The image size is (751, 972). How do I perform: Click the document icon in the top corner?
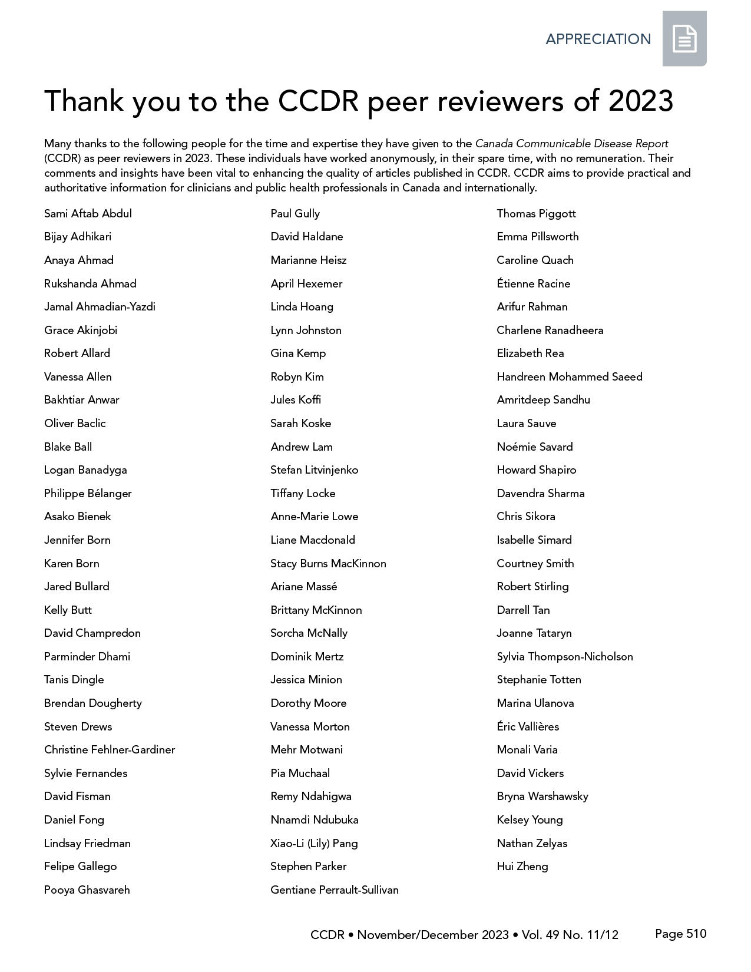[x=684, y=39]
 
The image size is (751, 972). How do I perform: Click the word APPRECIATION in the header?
[x=598, y=39]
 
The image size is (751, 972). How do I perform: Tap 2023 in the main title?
[x=640, y=101]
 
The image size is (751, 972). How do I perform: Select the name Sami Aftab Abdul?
[x=88, y=214]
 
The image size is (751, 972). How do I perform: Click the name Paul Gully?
[x=295, y=214]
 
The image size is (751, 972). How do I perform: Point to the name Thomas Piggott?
[x=536, y=214]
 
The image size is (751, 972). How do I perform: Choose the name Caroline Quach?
[x=535, y=260]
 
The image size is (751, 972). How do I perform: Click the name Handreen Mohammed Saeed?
[x=570, y=377]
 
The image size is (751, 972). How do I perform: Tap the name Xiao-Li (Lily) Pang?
[x=314, y=844]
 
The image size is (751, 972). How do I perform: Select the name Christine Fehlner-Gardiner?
[x=110, y=750]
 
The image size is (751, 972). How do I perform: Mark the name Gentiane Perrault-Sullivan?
[x=335, y=890]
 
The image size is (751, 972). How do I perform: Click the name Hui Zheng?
[x=522, y=867]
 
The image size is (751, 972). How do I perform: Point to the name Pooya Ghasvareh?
[x=87, y=890]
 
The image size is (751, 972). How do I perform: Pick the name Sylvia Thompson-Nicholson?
[x=565, y=657]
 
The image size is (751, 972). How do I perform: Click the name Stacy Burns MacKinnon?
[x=328, y=564]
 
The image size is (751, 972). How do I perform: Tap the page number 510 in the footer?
[x=696, y=934]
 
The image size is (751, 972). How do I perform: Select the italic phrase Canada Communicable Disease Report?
[x=571, y=144]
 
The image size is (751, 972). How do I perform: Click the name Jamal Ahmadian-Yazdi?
[x=100, y=307]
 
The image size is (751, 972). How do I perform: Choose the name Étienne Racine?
[x=534, y=284]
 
